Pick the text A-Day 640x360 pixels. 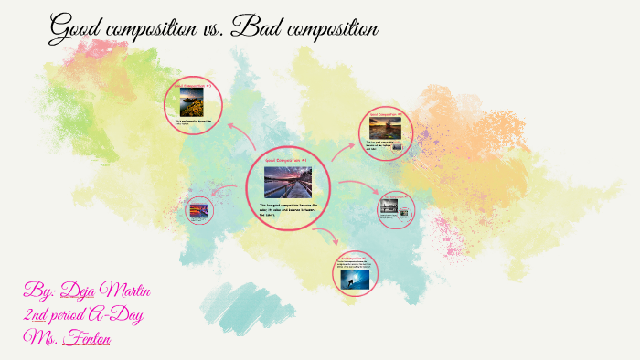click(118, 315)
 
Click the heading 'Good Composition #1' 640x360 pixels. click(287, 160)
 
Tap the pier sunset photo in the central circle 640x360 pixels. click(287, 182)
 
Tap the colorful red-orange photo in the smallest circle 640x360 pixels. click(198, 211)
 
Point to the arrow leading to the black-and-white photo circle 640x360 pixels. click(355, 189)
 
